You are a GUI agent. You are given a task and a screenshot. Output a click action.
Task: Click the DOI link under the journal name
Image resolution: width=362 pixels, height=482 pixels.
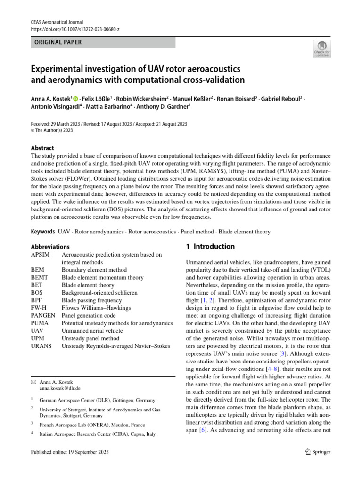pyautogui.click(x=75, y=29)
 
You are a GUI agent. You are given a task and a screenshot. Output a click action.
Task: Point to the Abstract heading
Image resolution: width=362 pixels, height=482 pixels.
pyautogui.click(x=42, y=148)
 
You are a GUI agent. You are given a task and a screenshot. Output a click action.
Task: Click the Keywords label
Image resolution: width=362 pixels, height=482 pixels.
pyautogui.click(x=42, y=232)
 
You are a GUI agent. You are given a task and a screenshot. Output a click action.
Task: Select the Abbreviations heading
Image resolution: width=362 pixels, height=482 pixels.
pyautogui.click(x=50, y=247)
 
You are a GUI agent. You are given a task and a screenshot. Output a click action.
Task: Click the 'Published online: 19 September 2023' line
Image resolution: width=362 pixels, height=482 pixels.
pyautogui.click(x=70, y=452)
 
